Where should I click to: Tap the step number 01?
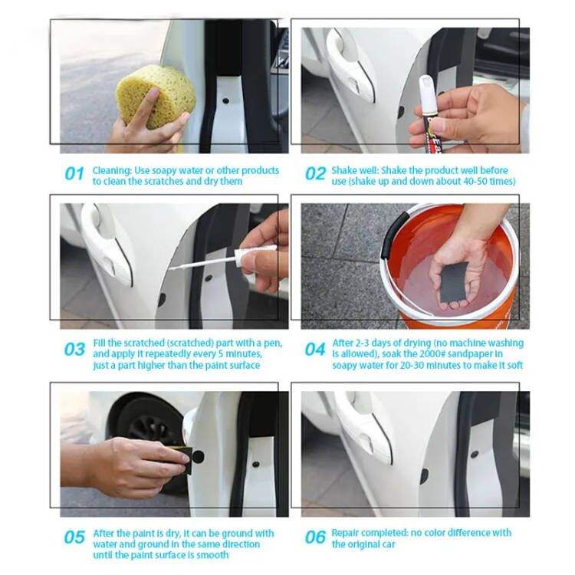click(x=74, y=174)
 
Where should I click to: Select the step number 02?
click(x=315, y=174)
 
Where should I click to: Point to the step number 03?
click(x=74, y=349)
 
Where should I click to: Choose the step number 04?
click(x=315, y=349)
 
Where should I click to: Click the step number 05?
click(x=74, y=537)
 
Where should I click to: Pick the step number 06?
click(x=315, y=537)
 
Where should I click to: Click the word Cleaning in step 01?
click(x=112, y=171)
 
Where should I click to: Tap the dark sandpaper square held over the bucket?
click(x=454, y=281)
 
